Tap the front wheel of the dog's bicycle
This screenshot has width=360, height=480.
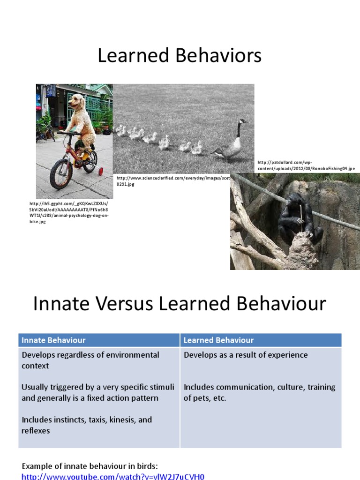(61, 174)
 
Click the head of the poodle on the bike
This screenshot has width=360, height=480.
(75, 102)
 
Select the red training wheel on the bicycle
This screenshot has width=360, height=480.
(100, 172)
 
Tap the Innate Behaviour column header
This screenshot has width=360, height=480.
(54, 340)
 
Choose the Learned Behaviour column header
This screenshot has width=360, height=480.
(218, 340)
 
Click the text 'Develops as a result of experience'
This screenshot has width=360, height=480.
(246, 355)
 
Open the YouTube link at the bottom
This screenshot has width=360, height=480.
(113, 477)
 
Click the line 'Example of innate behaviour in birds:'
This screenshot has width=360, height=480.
(90, 466)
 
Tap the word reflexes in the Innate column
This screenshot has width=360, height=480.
(36, 430)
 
